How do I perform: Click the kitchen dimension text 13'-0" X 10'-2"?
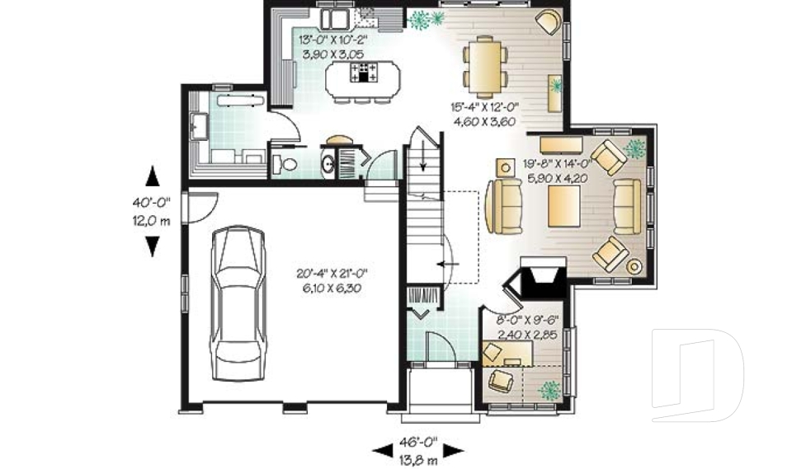click(332, 46)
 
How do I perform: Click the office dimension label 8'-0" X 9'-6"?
click(528, 327)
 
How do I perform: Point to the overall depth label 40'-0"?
click(153, 211)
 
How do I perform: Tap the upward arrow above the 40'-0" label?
click(153, 176)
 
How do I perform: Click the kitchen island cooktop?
click(363, 73)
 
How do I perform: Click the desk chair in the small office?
click(501, 380)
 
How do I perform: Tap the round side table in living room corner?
click(634, 266)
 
